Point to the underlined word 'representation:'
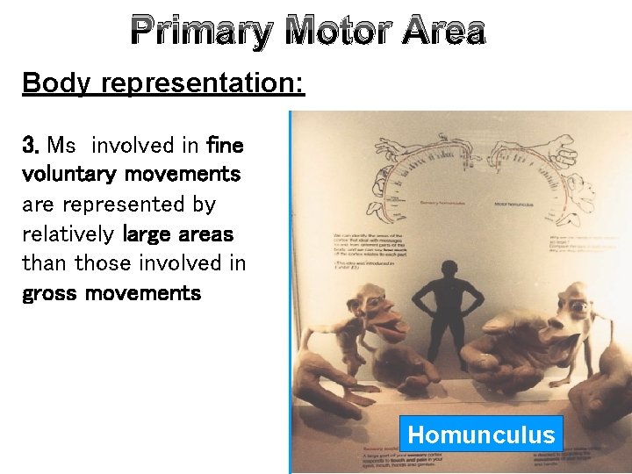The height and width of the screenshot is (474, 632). (x=203, y=84)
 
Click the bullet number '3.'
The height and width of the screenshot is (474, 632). (x=31, y=144)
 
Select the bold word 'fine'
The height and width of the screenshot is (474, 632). (x=224, y=144)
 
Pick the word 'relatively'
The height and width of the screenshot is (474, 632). (x=68, y=233)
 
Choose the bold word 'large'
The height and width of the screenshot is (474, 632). (x=150, y=233)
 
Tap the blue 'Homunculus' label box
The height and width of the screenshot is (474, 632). (x=481, y=434)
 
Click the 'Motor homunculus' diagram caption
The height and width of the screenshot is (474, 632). (x=512, y=204)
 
